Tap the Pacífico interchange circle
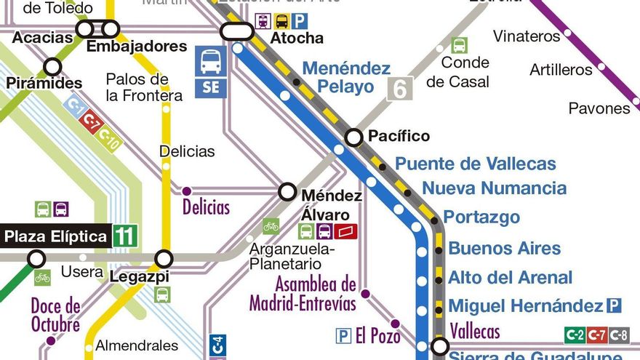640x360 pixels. pyautogui.click(x=353, y=137)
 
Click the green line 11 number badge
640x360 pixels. pyautogui.click(x=124, y=236)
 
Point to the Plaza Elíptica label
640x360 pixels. pyautogui.click(x=55, y=236)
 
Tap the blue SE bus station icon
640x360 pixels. pyautogui.click(x=211, y=71)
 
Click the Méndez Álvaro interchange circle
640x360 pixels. pyautogui.click(x=288, y=192)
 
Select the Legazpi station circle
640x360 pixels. pyautogui.click(x=164, y=258)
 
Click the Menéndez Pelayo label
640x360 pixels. pyautogui.click(x=346, y=77)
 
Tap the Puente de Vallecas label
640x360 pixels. pyautogui.click(x=475, y=164)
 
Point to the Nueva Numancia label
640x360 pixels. pyautogui.click(x=494, y=188)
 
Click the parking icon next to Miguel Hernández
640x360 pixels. pyautogui.click(x=614, y=305)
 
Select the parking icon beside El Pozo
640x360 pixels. pyautogui.click(x=343, y=335)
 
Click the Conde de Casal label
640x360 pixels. pyautogui.click(x=457, y=72)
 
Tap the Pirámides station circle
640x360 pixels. pyautogui.click(x=52, y=67)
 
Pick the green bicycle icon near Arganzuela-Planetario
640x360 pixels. pyautogui.click(x=271, y=226)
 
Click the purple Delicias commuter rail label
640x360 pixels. pyautogui.click(x=206, y=207)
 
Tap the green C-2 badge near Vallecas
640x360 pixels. pyautogui.click(x=575, y=335)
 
